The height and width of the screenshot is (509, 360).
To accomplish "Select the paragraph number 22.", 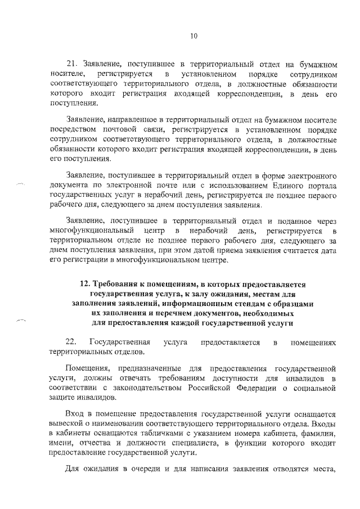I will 71,342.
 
